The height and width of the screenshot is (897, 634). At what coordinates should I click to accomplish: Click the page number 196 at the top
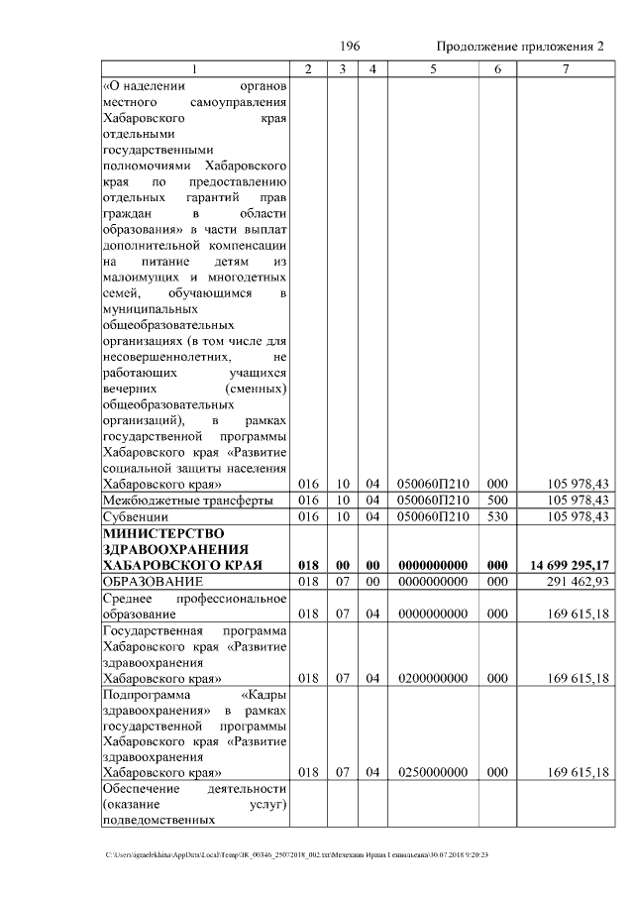(x=349, y=47)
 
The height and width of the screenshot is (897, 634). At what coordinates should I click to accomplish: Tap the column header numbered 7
(x=565, y=69)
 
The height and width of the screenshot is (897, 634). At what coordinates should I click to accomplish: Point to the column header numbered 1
(x=194, y=69)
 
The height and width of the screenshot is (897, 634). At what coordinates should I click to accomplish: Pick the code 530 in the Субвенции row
(x=497, y=517)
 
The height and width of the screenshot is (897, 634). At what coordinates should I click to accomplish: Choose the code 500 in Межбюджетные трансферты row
(x=497, y=501)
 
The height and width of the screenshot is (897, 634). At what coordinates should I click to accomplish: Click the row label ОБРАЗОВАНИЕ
(x=153, y=581)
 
